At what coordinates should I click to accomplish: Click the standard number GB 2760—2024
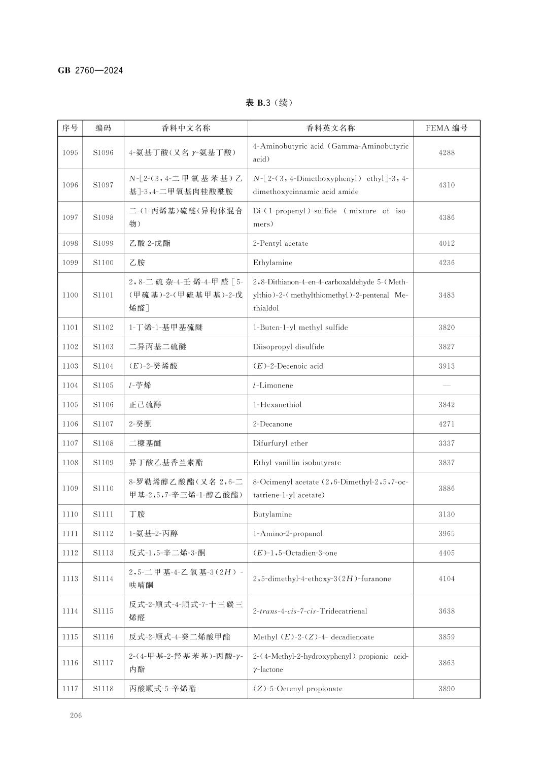tap(90, 71)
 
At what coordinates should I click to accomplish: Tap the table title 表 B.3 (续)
tap(269, 103)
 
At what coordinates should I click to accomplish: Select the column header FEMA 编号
tap(447, 128)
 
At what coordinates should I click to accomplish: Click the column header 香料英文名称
tap(330, 128)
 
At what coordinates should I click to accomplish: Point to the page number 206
tap(76, 716)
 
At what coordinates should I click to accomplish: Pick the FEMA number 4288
tap(447, 153)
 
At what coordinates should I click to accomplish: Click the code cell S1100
tap(103, 263)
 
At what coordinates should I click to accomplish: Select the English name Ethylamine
tap(272, 263)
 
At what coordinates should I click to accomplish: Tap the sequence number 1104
tap(70, 385)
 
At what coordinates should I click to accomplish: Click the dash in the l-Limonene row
tap(447, 385)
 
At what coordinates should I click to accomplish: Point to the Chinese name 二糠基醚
tap(145, 443)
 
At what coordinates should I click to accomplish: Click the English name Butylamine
tap(272, 514)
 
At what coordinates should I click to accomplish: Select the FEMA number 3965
tap(447, 534)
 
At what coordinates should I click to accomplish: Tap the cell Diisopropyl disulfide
tap(288, 347)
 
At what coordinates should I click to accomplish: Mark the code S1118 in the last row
tap(103, 689)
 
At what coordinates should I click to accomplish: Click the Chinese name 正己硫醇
tap(145, 405)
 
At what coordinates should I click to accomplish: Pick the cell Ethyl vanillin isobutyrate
tap(297, 463)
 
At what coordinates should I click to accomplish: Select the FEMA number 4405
tap(447, 553)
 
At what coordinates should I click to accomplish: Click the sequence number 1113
tap(70, 579)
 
